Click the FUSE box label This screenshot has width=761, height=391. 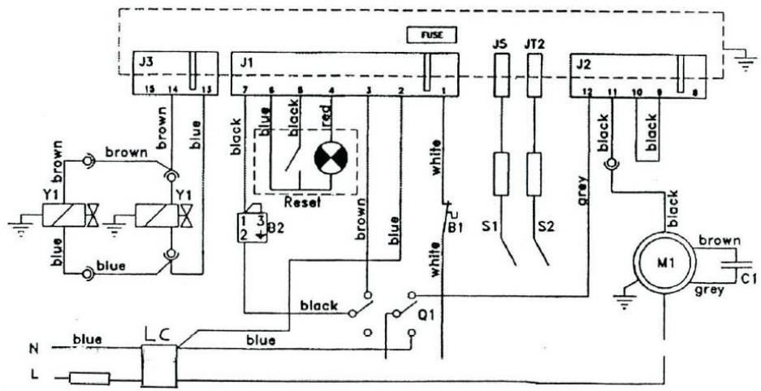[431, 35]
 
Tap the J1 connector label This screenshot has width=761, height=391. [245, 62]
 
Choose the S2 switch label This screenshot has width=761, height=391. [544, 228]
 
